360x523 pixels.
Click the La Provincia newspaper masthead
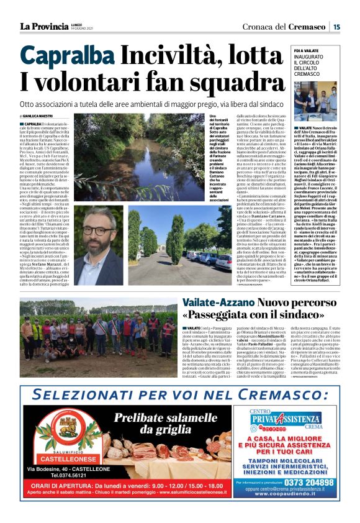point(43,26)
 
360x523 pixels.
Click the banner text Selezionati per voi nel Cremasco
point(179,395)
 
